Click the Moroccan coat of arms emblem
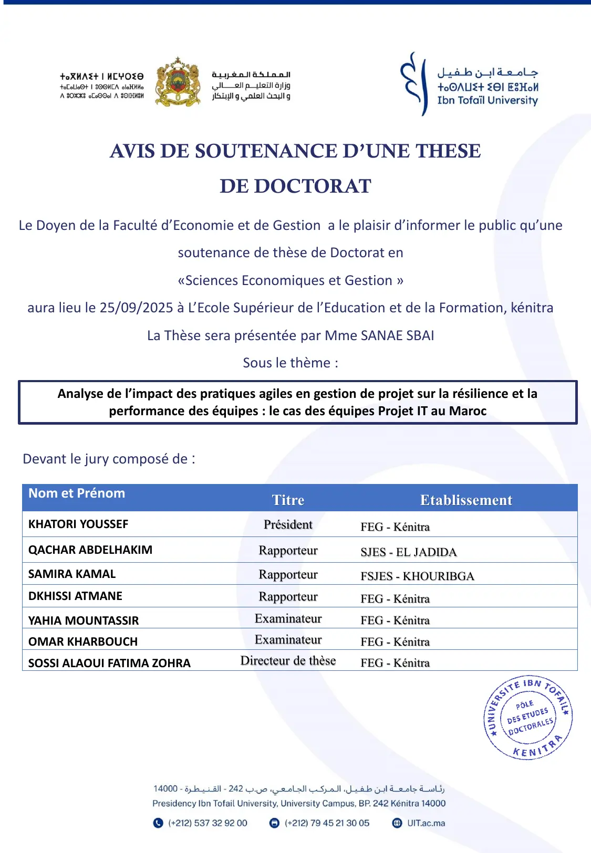[178, 83]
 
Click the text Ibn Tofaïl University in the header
[488, 100]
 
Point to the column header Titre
[288, 500]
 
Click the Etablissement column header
[466, 500]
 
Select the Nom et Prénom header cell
[77, 493]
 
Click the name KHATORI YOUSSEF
[78, 524]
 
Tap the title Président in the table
[288, 524]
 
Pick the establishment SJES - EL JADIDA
[408, 552]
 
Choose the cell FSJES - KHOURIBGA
[417, 576]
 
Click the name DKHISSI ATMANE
[75, 596]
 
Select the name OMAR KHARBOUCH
[83, 641]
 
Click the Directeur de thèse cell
[288, 661]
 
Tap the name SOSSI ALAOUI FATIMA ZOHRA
[109, 663]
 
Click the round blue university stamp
[528, 718]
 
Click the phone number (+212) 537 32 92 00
[208, 823]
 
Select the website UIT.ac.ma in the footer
[426, 823]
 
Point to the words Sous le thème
[290, 363]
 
